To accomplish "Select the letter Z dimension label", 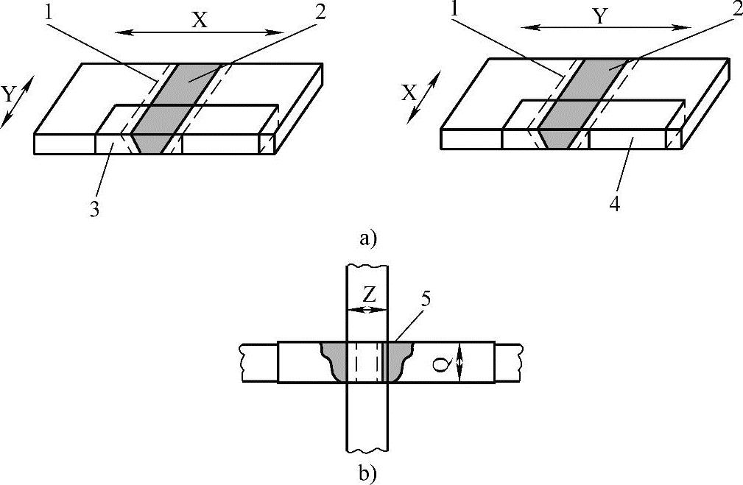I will pos(370,294).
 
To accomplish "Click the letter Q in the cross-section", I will pos(440,362).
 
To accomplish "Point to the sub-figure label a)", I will pos(366,238).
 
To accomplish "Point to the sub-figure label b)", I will pos(366,472).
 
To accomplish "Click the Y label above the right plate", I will pos(600,18).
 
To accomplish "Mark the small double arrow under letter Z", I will pos(367,310).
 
